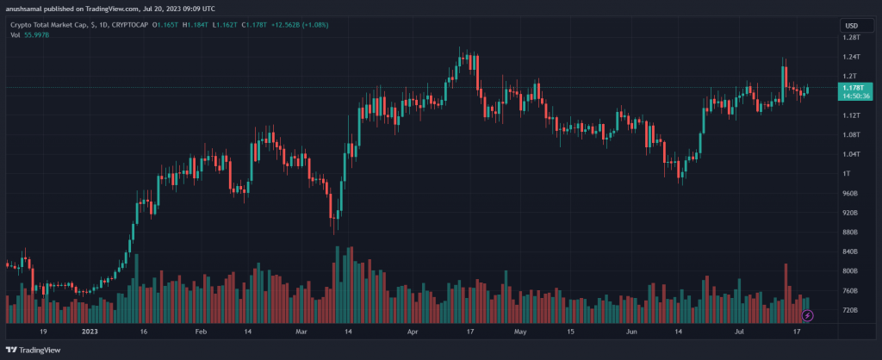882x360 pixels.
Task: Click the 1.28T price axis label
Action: (851, 38)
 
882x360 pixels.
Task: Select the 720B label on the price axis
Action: (850, 310)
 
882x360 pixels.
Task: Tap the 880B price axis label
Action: (850, 233)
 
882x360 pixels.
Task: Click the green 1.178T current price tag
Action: (851, 87)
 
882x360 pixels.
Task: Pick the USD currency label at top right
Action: (851, 25)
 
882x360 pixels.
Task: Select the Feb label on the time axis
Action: (200, 330)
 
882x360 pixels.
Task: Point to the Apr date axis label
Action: (412, 330)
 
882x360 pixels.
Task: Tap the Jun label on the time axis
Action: (631, 330)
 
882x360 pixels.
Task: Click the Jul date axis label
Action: (738, 330)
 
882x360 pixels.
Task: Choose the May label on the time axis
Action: (519, 330)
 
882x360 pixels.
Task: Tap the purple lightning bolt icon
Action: (807, 316)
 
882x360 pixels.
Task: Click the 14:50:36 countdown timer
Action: (851, 96)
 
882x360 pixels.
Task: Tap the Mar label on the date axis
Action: (301, 330)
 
